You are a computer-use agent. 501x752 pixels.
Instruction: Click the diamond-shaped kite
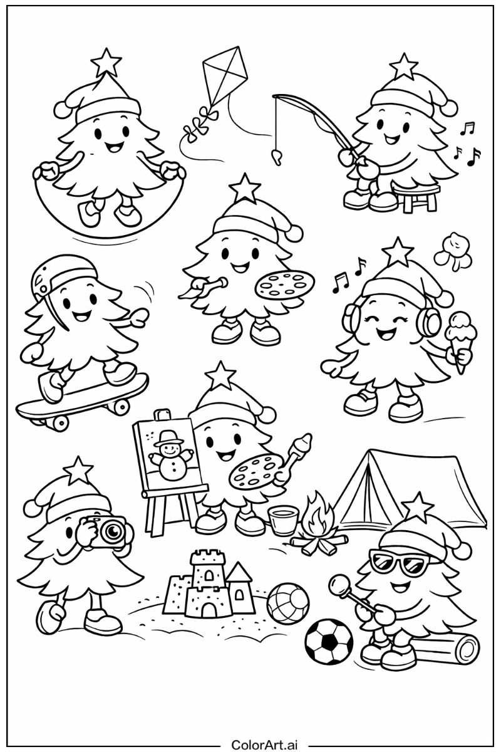coord(225,76)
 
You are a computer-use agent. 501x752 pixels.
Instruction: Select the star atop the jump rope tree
coord(106,63)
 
